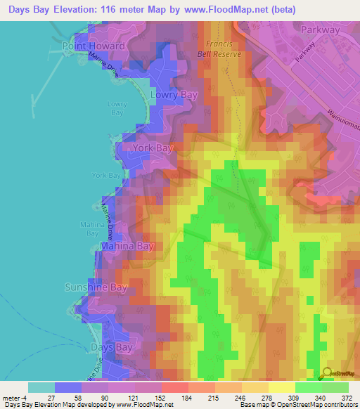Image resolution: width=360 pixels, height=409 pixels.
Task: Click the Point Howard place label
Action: point(94,46)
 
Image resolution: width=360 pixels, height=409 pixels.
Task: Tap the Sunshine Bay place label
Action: point(96,287)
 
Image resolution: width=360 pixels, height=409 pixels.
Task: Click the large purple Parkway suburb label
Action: point(321,30)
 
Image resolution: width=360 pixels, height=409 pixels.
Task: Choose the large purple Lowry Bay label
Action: point(173,94)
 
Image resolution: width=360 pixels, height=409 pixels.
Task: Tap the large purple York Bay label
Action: point(148,148)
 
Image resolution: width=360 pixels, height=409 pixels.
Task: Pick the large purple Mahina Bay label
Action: point(126,247)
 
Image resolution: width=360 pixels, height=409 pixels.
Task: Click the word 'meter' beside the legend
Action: point(11,398)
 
